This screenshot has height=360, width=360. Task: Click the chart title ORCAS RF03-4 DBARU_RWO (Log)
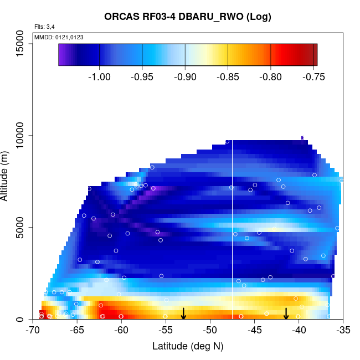click(188, 17)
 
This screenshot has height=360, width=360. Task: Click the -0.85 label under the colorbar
click(228, 76)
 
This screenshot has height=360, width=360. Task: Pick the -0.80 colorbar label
click(270, 76)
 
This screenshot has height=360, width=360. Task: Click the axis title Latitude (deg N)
click(188, 346)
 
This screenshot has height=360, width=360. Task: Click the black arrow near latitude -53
click(183, 313)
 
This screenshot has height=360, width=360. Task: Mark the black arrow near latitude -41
click(286, 313)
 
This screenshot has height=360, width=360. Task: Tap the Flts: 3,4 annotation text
click(44, 27)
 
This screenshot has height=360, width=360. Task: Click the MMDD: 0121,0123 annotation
click(59, 37)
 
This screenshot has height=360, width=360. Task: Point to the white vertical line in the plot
click(232, 233)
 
